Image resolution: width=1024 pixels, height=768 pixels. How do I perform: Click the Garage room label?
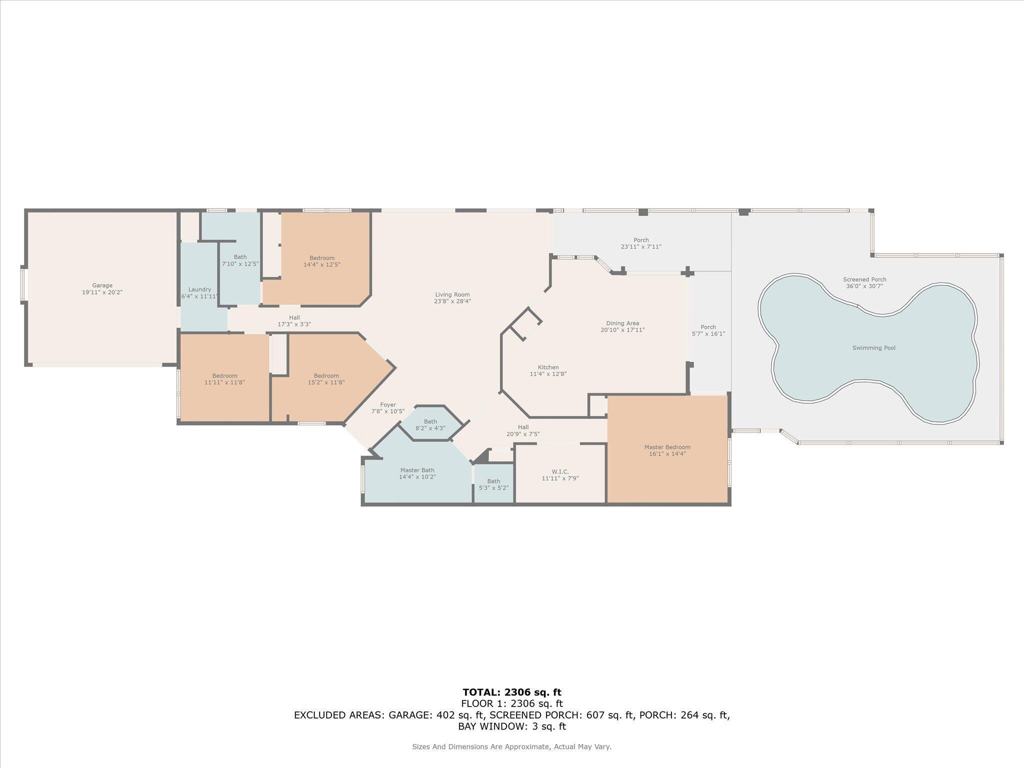tap(102, 285)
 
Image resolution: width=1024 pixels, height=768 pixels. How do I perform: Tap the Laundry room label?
tap(199, 289)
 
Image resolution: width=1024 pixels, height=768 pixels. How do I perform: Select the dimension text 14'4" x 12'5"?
tap(321, 264)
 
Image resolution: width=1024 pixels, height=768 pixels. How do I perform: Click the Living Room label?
tap(452, 294)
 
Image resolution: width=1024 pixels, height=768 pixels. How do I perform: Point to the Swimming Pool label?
tap(873, 348)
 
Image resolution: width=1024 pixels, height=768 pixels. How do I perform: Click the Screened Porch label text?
tap(864, 279)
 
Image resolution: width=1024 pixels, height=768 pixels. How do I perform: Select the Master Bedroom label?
tap(667, 447)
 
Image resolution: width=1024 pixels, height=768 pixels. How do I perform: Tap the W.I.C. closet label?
tap(560, 471)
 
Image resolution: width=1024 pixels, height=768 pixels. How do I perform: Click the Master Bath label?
tap(417, 470)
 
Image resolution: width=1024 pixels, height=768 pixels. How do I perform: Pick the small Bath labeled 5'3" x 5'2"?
tap(493, 484)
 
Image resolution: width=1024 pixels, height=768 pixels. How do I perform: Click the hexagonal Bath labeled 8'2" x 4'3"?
tap(430, 425)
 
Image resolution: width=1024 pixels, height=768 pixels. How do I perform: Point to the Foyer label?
tap(387, 404)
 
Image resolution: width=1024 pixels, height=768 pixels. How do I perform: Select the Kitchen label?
tap(548, 367)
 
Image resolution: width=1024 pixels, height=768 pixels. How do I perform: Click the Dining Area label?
tap(622, 323)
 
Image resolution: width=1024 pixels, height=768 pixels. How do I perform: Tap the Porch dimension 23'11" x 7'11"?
tap(641, 246)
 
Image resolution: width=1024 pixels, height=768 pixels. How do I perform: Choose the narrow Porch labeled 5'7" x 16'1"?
tap(708, 330)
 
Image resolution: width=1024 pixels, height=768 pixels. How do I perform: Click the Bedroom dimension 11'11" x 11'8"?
tap(224, 382)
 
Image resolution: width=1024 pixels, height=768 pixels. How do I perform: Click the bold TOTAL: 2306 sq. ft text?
tap(511, 692)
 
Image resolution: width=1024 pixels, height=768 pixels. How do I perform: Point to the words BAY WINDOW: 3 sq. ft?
tap(511, 726)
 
